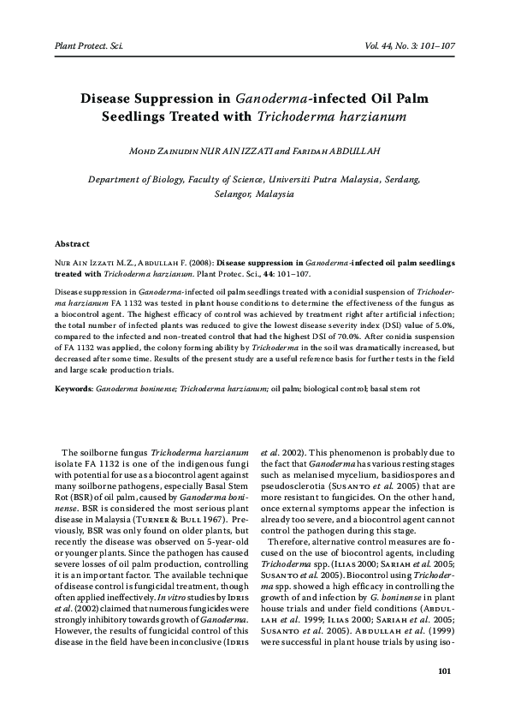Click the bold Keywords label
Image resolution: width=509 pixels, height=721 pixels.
pyautogui.click(x=74, y=389)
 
